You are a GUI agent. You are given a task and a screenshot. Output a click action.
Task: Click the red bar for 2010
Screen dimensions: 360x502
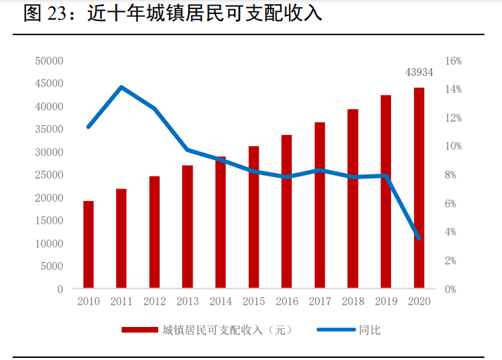click(89, 245)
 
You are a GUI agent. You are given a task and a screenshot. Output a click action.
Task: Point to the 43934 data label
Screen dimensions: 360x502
click(419, 72)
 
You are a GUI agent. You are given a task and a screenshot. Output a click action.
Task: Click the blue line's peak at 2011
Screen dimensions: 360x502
click(122, 87)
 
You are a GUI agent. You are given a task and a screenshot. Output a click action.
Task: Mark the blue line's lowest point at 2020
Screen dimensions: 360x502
click(419, 238)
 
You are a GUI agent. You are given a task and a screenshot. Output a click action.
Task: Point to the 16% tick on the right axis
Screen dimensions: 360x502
click(453, 61)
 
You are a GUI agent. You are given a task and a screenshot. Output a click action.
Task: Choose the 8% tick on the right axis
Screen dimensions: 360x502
click(453, 175)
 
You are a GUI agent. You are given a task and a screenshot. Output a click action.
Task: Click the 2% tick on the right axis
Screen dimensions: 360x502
click(453, 261)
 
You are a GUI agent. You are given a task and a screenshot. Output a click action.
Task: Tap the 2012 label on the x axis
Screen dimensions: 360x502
click(155, 301)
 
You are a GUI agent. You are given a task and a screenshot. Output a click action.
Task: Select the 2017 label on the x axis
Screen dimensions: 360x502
click(320, 301)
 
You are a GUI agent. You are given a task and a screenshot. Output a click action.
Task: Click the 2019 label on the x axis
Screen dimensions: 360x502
click(386, 301)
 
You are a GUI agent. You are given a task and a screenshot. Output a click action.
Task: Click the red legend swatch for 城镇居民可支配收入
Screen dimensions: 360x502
click(139, 330)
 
